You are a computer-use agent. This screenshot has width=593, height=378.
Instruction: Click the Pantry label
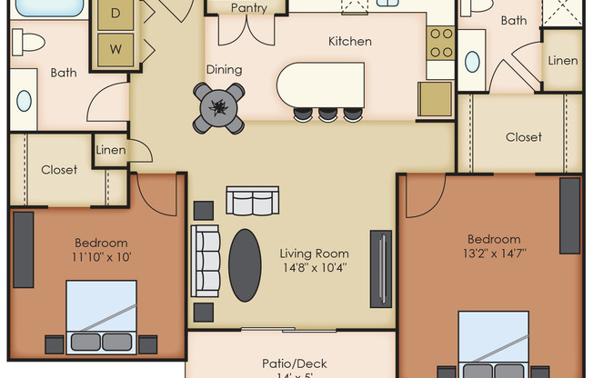point(248,8)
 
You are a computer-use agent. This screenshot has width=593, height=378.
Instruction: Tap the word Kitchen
point(349,42)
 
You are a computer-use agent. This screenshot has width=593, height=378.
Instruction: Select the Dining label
point(224,69)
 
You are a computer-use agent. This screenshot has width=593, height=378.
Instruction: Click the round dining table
point(219,107)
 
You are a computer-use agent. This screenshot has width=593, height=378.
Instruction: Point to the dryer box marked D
point(116,14)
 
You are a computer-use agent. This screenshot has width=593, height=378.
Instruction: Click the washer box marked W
point(116,47)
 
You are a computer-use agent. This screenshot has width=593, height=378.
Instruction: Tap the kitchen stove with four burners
point(441,40)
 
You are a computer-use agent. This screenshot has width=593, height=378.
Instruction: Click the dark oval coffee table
point(245,264)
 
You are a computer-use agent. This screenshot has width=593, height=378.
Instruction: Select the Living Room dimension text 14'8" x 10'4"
point(314,268)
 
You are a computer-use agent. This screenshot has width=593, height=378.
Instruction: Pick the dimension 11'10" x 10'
point(100,257)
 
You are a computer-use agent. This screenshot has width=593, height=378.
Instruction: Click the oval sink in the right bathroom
point(472,62)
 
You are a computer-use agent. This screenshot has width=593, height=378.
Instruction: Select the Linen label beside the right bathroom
point(563,60)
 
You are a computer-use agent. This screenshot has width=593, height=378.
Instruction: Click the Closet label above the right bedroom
point(523,137)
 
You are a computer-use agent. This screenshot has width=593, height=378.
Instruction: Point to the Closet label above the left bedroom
point(59,170)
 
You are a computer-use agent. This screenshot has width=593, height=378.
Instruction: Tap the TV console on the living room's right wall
point(381,268)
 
